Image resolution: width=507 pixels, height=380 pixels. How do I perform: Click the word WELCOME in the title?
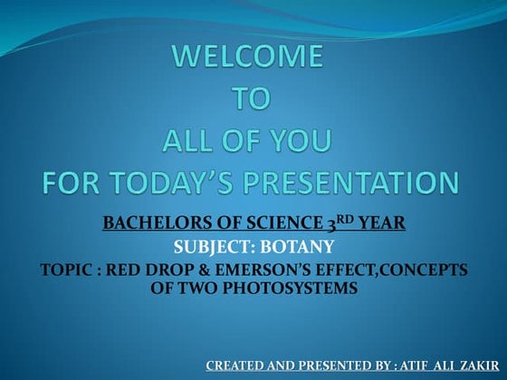[247, 58]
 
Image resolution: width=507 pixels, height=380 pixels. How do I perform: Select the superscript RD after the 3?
[334, 217]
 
